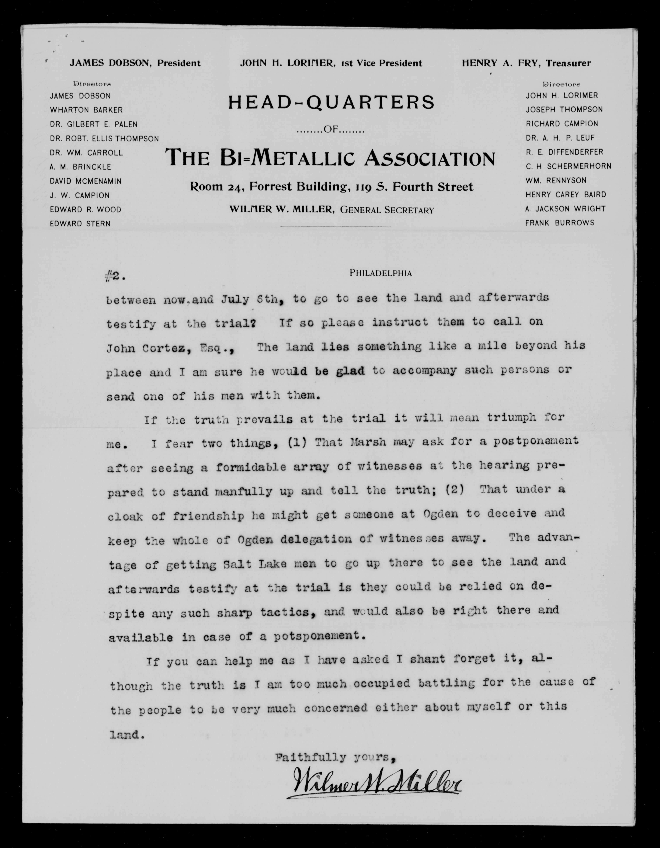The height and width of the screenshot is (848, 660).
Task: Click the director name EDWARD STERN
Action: click(80, 224)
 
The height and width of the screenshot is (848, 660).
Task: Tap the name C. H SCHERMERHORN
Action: click(568, 166)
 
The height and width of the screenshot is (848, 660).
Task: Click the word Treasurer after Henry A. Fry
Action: click(568, 63)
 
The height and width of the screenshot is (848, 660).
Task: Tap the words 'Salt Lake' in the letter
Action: click(255, 564)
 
